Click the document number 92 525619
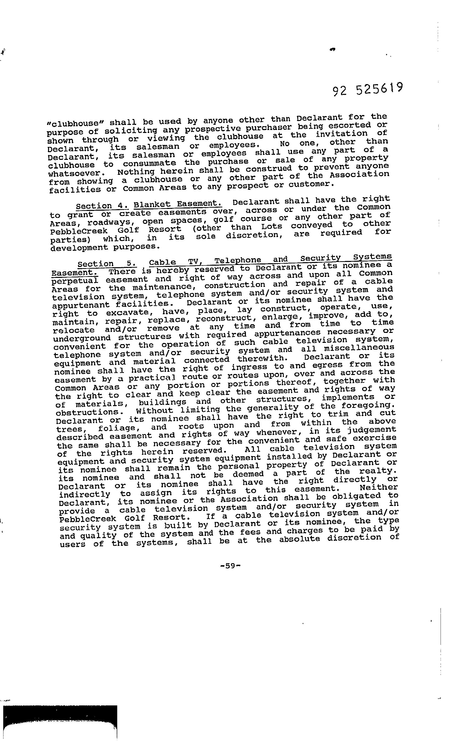pyautogui.click(x=368, y=89)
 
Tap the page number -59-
pyautogui.click(x=230, y=565)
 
